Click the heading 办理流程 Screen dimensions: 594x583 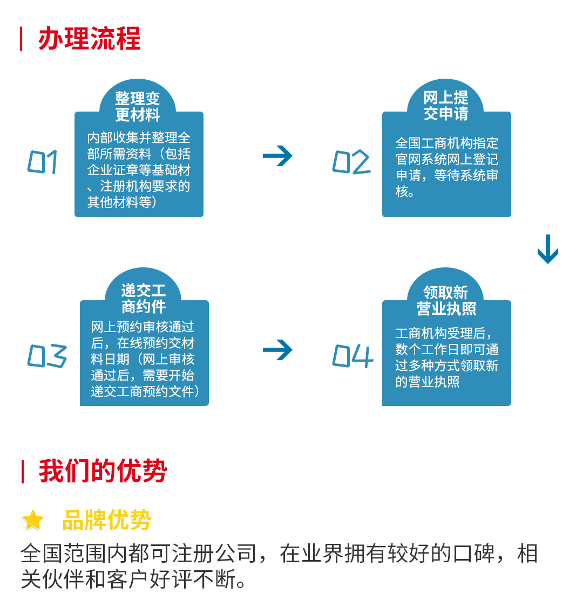click(x=89, y=39)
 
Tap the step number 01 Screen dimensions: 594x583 click(x=43, y=162)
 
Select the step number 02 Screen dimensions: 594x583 click(x=351, y=162)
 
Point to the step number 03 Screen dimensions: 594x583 click(x=47, y=356)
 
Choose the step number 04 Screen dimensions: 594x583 click(x=352, y=356)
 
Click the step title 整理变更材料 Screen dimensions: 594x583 click(x=138, y=106)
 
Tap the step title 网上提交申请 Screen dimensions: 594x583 click(x=446, y=106)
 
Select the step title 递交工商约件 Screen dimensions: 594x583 click(x=143, y=299)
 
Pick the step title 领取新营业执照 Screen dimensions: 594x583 click(x=446, y=300)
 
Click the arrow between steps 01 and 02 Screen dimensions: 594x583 click(x=277, y=156)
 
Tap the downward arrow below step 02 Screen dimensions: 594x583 click(x=547, y=249)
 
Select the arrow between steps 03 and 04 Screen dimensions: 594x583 click(x=277, y=350)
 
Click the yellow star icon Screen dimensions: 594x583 click(x=33, y=520)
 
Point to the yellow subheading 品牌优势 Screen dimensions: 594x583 click(x=106, y=520)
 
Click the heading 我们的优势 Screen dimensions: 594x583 click(x=103, y=472)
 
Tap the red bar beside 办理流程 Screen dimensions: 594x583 click(x=21, y=39)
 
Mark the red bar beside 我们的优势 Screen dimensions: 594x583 click(x=22, y=472)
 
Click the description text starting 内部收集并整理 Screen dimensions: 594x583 click(x=139, y=170)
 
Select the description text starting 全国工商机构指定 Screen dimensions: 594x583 click(x=446, y=167)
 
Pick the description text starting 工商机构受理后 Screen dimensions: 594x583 click(x=446, y=358)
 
